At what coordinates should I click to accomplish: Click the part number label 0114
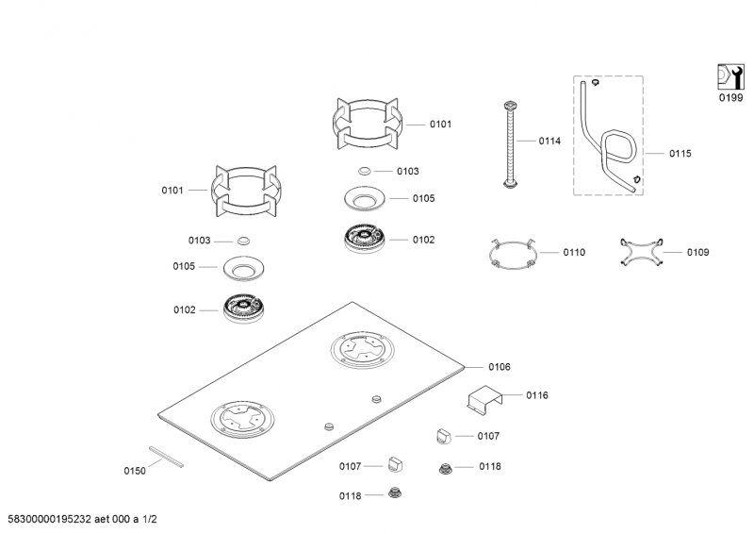coord(549,142)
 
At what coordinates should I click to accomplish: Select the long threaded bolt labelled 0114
coord(510,142)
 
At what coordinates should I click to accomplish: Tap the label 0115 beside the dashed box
coord(680,153)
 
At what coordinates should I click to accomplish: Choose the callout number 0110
coord(574,253)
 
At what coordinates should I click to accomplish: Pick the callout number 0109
coord(697,253)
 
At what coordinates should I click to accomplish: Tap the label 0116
coord(537,395)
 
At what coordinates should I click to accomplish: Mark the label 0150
coord(135,471)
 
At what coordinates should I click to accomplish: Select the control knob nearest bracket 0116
coord(445,435)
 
